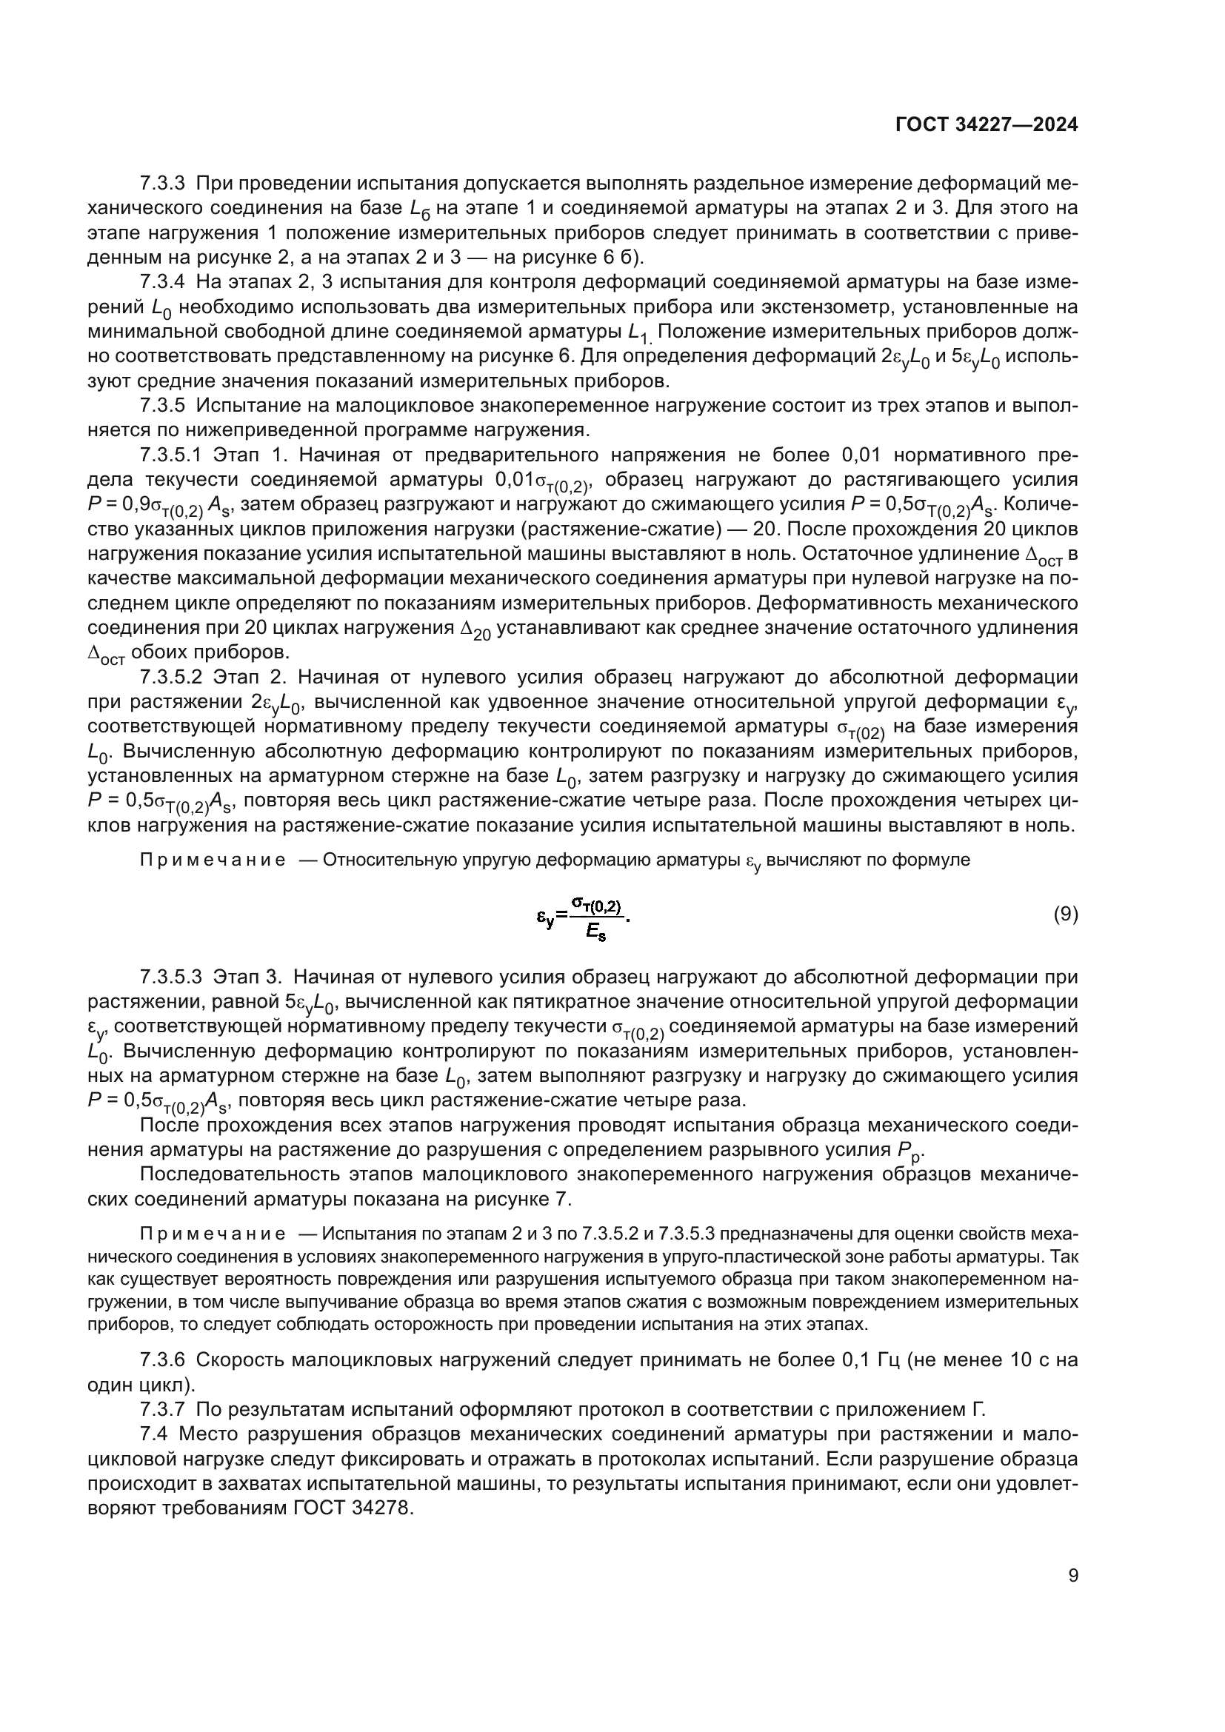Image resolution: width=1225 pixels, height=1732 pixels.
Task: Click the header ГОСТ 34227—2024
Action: click(986, 125)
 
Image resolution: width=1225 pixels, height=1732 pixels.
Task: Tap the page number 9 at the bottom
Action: click(1073, 1597)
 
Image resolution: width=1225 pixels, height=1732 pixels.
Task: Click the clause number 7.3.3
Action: click(162, 184)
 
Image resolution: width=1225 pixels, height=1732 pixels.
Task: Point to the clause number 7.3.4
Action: click(162, 282)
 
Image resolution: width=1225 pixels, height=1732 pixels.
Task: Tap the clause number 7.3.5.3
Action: click(171, 977)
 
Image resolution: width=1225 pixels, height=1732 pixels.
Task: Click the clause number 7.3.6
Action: click(162, 1360)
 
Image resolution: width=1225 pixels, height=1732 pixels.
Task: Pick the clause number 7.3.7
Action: click(162, 1409)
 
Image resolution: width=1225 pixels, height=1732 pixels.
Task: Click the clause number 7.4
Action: click(155, 1434)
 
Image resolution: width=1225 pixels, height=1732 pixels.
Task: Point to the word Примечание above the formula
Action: click(213, 860)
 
